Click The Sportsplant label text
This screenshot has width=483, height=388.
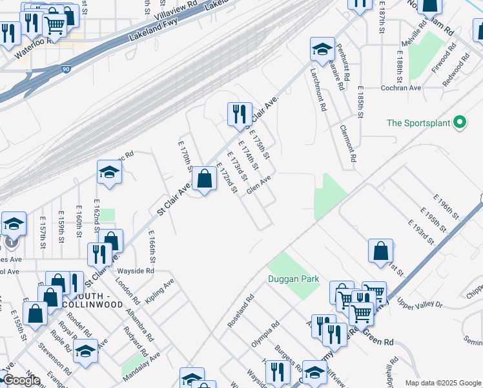click(x=418, y=123)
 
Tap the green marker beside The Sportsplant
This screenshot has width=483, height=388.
click(x=460, y=122)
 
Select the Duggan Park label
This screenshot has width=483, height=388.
click(x=294, y=279)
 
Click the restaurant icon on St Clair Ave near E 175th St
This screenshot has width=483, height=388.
click(x=240, y=114)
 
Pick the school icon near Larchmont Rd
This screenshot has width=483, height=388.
click(x=322, y=48)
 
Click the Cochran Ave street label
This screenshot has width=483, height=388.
click(x=400, y=88)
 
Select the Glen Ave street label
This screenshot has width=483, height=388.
click(x=259, y=186)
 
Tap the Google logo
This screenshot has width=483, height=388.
click(x=21, y=380)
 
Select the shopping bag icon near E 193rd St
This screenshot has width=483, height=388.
click(x=381, y=250)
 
